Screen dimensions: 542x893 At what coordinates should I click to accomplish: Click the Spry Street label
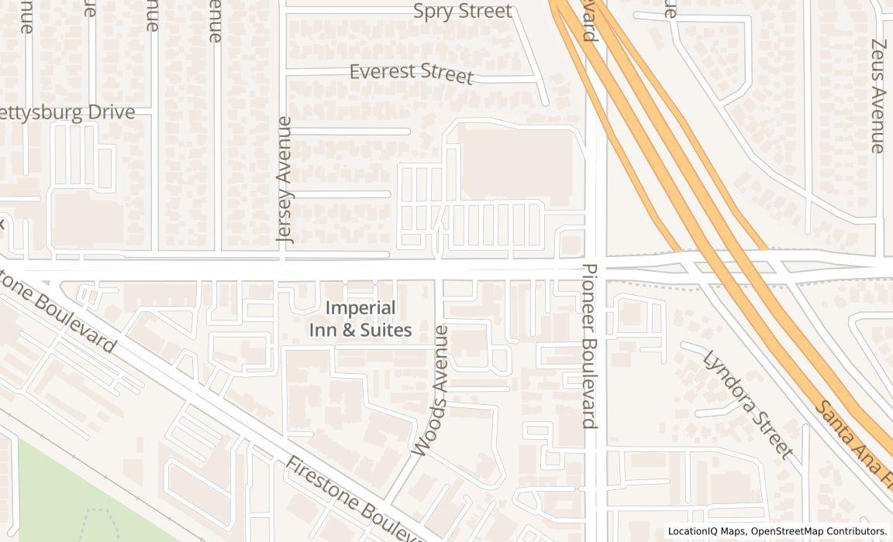463,12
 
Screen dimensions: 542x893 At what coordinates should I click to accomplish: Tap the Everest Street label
411,73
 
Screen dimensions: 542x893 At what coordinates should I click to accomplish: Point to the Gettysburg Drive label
67,113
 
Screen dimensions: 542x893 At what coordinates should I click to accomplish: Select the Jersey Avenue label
284,180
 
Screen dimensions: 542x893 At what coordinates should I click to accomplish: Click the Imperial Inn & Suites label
360,319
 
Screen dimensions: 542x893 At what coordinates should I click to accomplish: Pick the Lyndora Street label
748,403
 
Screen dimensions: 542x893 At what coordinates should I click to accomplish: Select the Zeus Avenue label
877,96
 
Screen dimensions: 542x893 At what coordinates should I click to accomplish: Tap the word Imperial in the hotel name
360,308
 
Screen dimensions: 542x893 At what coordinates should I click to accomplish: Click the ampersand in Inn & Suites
348,331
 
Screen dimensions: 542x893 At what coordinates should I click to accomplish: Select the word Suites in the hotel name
384,331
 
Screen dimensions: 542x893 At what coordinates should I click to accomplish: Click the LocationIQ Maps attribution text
706,531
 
